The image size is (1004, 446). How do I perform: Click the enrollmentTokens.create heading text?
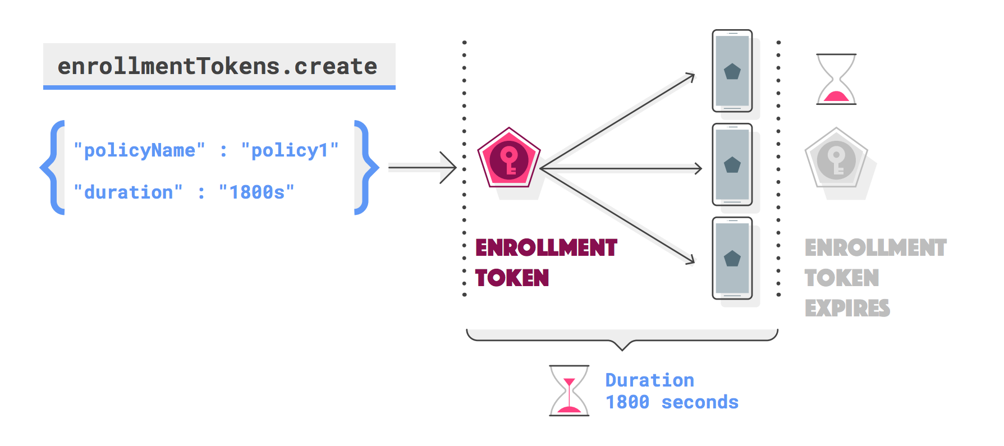[x=217, y=66]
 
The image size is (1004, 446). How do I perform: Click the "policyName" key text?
[x=139, y=150]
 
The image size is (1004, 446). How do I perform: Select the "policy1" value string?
[x=290, y=150]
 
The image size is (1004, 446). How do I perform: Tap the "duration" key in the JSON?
[x=128, y=192]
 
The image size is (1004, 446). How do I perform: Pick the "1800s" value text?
[x=256, y=192]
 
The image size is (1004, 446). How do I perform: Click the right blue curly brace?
[x=365, y=167]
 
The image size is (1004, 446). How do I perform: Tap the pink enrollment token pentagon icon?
[x=508, y=159]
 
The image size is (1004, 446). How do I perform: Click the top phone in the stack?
[x=732, y=71]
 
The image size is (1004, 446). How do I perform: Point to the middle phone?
[x=732, y=165]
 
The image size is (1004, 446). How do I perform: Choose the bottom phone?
[x=732, y=259]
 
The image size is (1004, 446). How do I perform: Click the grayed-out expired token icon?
[x=836, y=159]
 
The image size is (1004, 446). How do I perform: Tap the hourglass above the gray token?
[x=836, y=79]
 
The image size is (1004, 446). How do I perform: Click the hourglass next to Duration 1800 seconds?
[x=569, y=390]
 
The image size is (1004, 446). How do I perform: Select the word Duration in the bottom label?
[x=649, y=380]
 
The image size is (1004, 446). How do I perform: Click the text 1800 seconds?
[x=672, y=402]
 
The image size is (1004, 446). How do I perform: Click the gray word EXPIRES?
[x=847, y=309]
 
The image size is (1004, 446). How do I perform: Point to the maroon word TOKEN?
[x=512, y=278]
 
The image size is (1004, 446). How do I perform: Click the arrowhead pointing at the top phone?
[x=691, y=77]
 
